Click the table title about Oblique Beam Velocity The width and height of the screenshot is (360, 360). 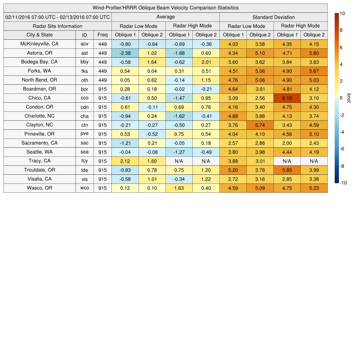pyautogui.click(x=165, y=8)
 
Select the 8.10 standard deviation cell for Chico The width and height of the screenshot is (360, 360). pyautogui.click(x=287, y=98)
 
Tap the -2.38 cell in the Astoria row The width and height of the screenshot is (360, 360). pyautogui.click(x=125, y=53)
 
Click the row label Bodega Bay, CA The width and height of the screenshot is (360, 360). pyautogui.click(x=39, y=62)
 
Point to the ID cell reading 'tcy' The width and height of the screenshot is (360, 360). pyautogui.click(x=84, y=161)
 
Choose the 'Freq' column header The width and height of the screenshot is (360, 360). pyautogui.click(x=102, y=35)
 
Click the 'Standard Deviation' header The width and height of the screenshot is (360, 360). pyautogui.click(x=273, y=17)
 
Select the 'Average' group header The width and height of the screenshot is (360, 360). pyautogui.click(x=165, y=17)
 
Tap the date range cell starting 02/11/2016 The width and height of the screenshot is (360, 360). pyautogui.click(x=58, y=17)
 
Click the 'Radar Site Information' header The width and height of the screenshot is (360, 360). pyautogui.click(x=58, y=26)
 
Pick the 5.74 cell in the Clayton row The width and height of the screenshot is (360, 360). pyautogui.click(x=260, y=125)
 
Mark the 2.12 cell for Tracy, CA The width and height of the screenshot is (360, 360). pyautogui.click(x=125, y=161)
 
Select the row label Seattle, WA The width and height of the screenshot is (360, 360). pyautogui.click(x=39, y=152)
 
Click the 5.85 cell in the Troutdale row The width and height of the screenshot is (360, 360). pyautogui.click(x=287, y=170)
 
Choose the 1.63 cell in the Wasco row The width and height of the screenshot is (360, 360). pyautogui.click(x=179, y=188)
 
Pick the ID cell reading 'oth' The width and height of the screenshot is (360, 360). pyautogui.click(x=84, y=80)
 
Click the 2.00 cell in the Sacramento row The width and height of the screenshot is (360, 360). pyautogui.click(x=287, y=143)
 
